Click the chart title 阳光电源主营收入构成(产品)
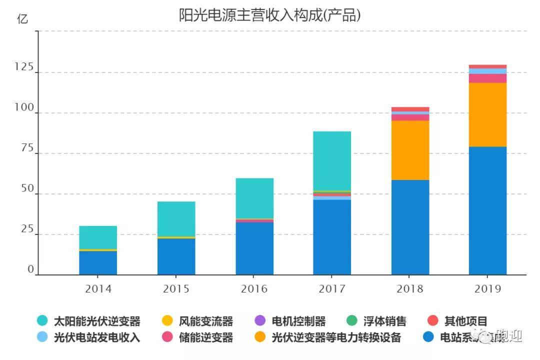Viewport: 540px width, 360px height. (x=269, y=15)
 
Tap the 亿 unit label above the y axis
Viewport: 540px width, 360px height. (x=22, y=19)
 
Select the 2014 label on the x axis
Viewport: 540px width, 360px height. (x=98, y=289)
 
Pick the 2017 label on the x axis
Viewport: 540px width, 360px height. (x=332, y=289)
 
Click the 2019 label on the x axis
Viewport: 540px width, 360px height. (x=487, y=289)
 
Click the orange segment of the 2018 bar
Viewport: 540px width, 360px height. (x=410, y=150)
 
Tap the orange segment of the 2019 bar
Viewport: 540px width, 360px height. (x=487, y=114)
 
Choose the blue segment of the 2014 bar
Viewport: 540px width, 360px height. (x=98, y=262)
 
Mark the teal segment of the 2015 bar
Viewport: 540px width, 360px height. (x=176, y=219)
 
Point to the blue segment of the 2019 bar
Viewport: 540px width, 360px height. (x=487, y=210)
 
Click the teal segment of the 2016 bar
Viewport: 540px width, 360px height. (x=254, y=198)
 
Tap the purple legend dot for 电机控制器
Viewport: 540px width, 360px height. (x=260, y=321)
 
